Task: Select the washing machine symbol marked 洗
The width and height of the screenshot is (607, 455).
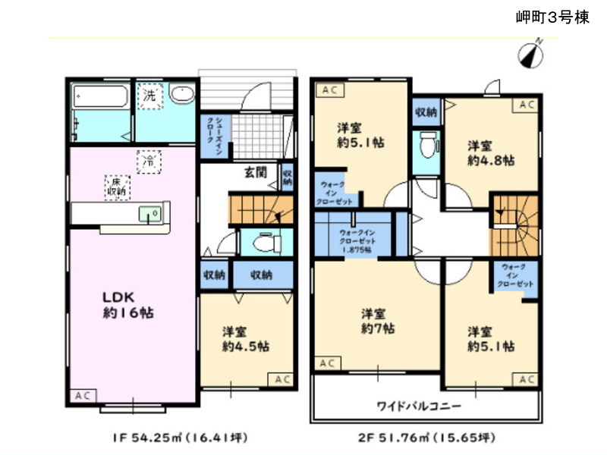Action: pyautogui.click(x=149, y=96)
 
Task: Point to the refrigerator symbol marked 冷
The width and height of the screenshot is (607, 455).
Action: pyautogui.click(x=149, y=161)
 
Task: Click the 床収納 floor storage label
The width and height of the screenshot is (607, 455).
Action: pyautogui.click(x=115, y=187)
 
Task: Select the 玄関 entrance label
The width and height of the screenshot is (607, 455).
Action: pyautogui.click(x=255, y=172)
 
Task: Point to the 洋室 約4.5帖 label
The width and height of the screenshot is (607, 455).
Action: pyautogui.click(x=244, y=339)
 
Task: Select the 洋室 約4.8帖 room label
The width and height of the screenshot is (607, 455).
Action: pyautogui.click(x=489, y=153)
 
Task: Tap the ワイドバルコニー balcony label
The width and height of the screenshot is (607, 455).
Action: pyautogui.click(x=419, y=406)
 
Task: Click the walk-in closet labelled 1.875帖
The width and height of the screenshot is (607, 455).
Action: pyautogui.click(x=354, y=240)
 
